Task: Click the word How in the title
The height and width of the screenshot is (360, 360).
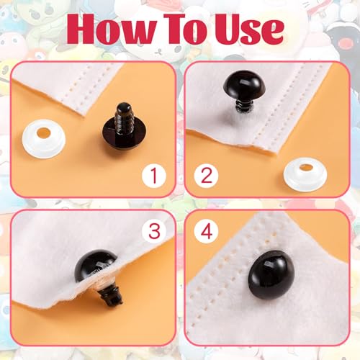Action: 116,30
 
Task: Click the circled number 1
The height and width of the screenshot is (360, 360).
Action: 156,175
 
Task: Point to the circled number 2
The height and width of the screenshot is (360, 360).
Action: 205,175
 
